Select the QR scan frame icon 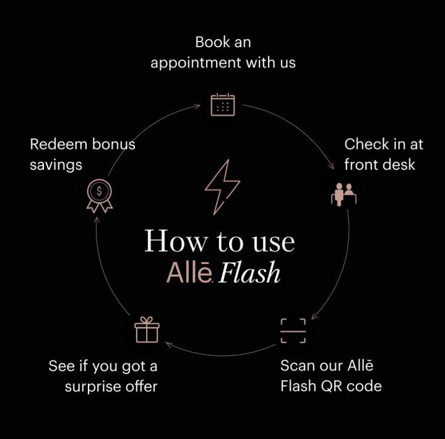pos(292,331)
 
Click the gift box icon pos(147,330)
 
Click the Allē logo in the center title pos(191,273)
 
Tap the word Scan pos(298,365)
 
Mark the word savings pos(56,165)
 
